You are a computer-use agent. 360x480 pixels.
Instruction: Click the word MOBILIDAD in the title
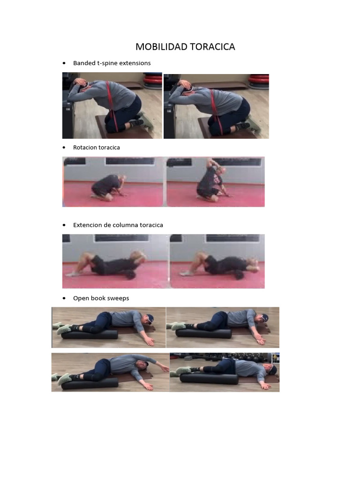[161, 47]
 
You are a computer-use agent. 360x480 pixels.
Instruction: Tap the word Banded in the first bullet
[84, 63]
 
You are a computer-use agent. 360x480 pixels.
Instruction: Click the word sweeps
[118, 299]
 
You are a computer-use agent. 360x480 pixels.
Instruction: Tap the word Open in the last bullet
[80, 299]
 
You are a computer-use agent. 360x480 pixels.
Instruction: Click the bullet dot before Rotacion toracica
[64, 148]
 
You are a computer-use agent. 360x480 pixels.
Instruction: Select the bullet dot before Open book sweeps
[64, 298]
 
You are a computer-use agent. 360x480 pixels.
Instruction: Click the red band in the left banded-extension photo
[112, 107]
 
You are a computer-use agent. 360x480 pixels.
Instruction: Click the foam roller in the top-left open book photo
[90, 334]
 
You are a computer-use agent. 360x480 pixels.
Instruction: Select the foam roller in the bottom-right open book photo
[209, 379]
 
